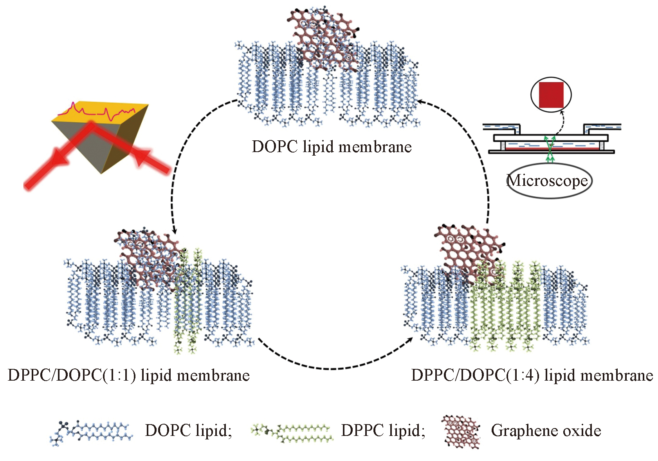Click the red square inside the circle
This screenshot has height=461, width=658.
pyautogui.click(x=551, y=95)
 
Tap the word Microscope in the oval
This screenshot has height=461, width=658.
pyautogui.click(x=547, y=181)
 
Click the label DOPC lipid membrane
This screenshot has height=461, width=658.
pyautogui.click(x=332, y=147)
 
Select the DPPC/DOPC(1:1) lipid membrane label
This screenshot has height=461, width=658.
pyautogui.click(x=128, y=375)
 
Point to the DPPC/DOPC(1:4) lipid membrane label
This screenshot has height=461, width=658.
pyautogui.click(x=532, y=375)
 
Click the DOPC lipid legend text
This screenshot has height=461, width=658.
pyautogui.click(x=188, y=430)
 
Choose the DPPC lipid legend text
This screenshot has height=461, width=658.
pyautogui.click(x=383, y=430)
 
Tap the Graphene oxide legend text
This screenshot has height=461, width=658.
pyautogui.click(x=546, y=430)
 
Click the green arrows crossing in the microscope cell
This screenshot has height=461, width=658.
pyautogui.click(x=550, y=147)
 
